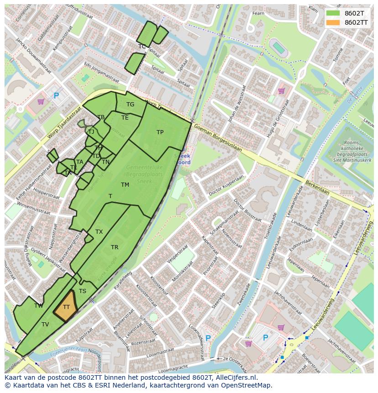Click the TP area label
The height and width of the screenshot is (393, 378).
coord(160,132)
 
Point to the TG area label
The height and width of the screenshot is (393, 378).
coord(130,105)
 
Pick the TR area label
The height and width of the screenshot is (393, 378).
coord(115,247)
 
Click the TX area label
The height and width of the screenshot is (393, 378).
coord(99,232)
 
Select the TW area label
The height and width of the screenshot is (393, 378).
coord(38,306)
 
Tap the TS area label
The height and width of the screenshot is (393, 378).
coord(83,291)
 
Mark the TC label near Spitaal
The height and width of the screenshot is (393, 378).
coord(142,47)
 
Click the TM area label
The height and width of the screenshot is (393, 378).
coord(125,185)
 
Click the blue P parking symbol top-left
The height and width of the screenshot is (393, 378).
coord(56,96)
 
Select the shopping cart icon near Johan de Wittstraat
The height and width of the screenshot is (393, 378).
coord(281,91)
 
